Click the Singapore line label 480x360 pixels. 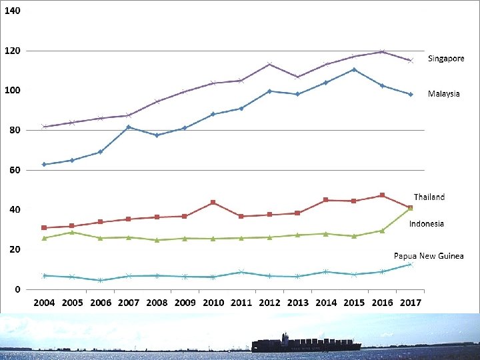coord(446,59)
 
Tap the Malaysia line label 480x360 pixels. coord(443,94)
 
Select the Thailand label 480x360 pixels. coord(429,197)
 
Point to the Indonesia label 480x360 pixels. coord(427,224)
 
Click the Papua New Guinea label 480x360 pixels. coord(429,256)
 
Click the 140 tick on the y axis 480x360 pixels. coord(13,11)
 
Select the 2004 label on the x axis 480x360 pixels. coord(44,303)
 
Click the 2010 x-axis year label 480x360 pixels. coord(213,303)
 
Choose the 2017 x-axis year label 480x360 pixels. coord(411,303)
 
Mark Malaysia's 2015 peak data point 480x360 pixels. coord(354,70)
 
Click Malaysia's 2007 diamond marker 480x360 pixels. coord(129,127)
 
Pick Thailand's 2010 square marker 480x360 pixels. coord(213,203)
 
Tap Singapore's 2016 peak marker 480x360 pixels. coord(382,51)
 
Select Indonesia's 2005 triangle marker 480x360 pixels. coord(72,233)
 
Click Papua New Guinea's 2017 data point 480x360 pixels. coord(411,265)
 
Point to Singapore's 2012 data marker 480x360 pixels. coord(269,64)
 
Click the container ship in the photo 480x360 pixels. coord(306,344)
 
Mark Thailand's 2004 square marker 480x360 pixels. coord(44,228)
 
